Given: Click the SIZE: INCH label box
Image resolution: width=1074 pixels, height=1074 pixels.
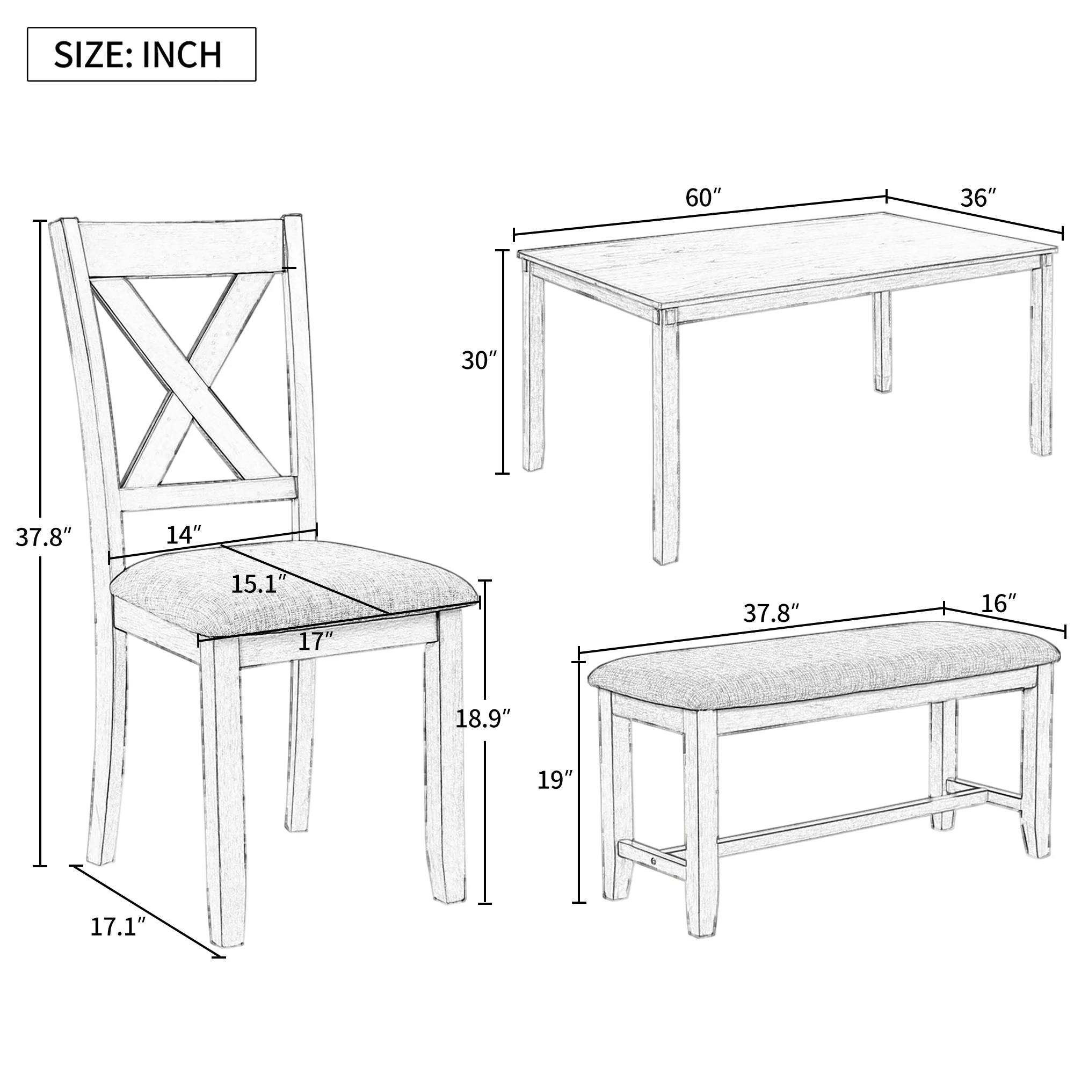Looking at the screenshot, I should tap(141, 54).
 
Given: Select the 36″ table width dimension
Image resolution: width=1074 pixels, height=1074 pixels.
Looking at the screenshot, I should tap(978, 198).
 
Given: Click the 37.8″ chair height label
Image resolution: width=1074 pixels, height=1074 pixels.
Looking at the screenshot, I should tap(43, 538).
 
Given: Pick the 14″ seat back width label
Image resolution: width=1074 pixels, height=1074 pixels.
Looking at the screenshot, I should tap(184, 535).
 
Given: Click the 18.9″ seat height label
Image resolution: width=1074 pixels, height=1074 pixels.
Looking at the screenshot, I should tap(483, 719).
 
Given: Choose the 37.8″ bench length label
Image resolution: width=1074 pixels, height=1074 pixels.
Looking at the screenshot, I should tap(771, 613).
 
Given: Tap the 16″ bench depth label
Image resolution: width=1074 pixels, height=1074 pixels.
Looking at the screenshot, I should tap(998, 604).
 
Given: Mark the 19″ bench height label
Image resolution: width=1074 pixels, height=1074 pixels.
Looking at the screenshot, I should tap(554, 780).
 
